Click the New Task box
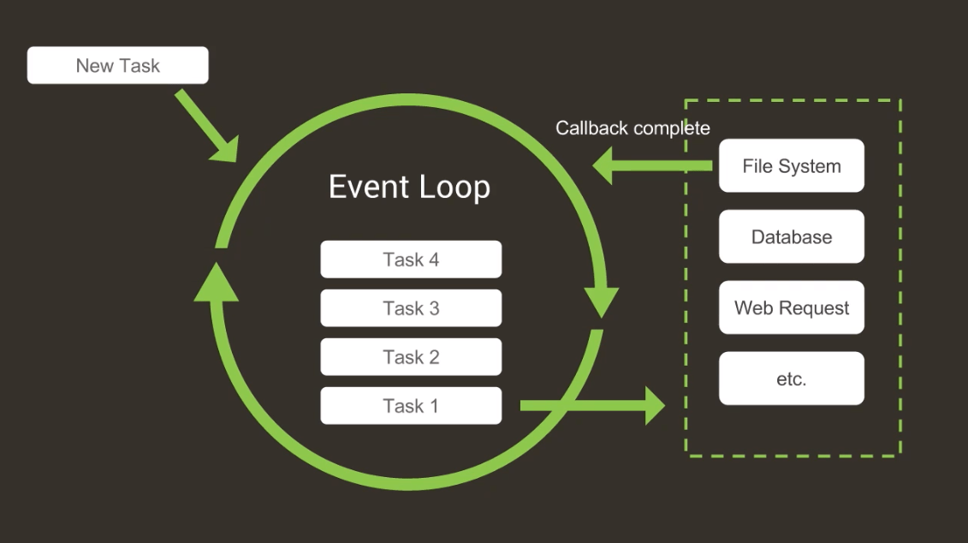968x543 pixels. pos(117,65)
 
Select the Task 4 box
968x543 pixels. pos(411,260)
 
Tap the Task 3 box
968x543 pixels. pos(411,308)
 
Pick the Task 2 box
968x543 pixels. pos(411,357)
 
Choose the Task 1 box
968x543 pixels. pos(411,406)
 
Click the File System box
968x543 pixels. pos(791,166)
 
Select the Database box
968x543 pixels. pos(791,237)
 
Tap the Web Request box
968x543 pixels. pos(791,308)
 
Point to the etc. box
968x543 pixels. pos(791,379)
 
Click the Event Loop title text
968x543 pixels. pos(409,187)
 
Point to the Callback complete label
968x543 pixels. pos(632,128)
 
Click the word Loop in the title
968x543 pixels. pos(454,187)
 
